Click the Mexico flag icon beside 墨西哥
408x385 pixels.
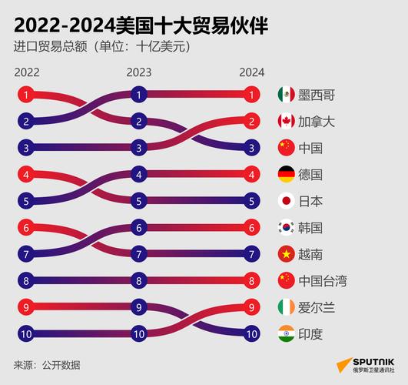point(286,95)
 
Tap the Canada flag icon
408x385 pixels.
point(286,121)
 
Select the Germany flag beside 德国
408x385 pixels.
point(286,174)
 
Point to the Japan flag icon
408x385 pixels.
point(286,201)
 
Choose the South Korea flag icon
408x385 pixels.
point(286,227)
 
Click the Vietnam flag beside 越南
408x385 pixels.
point(286,253)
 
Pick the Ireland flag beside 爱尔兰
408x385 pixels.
point(286,307)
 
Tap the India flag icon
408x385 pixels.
point(286,333)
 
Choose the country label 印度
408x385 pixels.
point(311,333)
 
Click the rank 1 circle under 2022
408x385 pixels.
point(26,95)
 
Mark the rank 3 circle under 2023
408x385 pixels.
point(138,148)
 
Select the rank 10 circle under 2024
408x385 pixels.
point(250,333)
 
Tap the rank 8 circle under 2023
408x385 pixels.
point(138,280)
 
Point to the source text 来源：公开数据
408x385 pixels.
point(47,364)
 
